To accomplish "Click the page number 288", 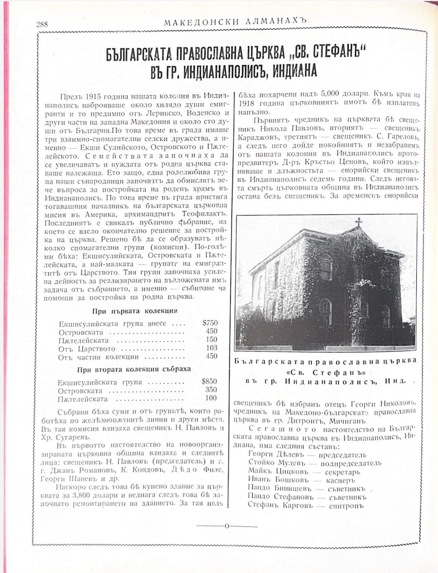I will (42, 24).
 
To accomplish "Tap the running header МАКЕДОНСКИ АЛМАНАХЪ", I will (235, 22).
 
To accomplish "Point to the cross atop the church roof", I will (359, 222).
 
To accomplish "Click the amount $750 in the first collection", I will (209, 323).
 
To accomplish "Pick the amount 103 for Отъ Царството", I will (212, 348).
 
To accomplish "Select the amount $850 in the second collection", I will (209, 381).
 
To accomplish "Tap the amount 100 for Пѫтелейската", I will (211, 398).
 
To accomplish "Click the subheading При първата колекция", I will (135, 311).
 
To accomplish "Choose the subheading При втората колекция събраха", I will (134, 369).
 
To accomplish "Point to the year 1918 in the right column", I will (247, 103).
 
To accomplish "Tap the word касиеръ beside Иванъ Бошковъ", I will (340, 480).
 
